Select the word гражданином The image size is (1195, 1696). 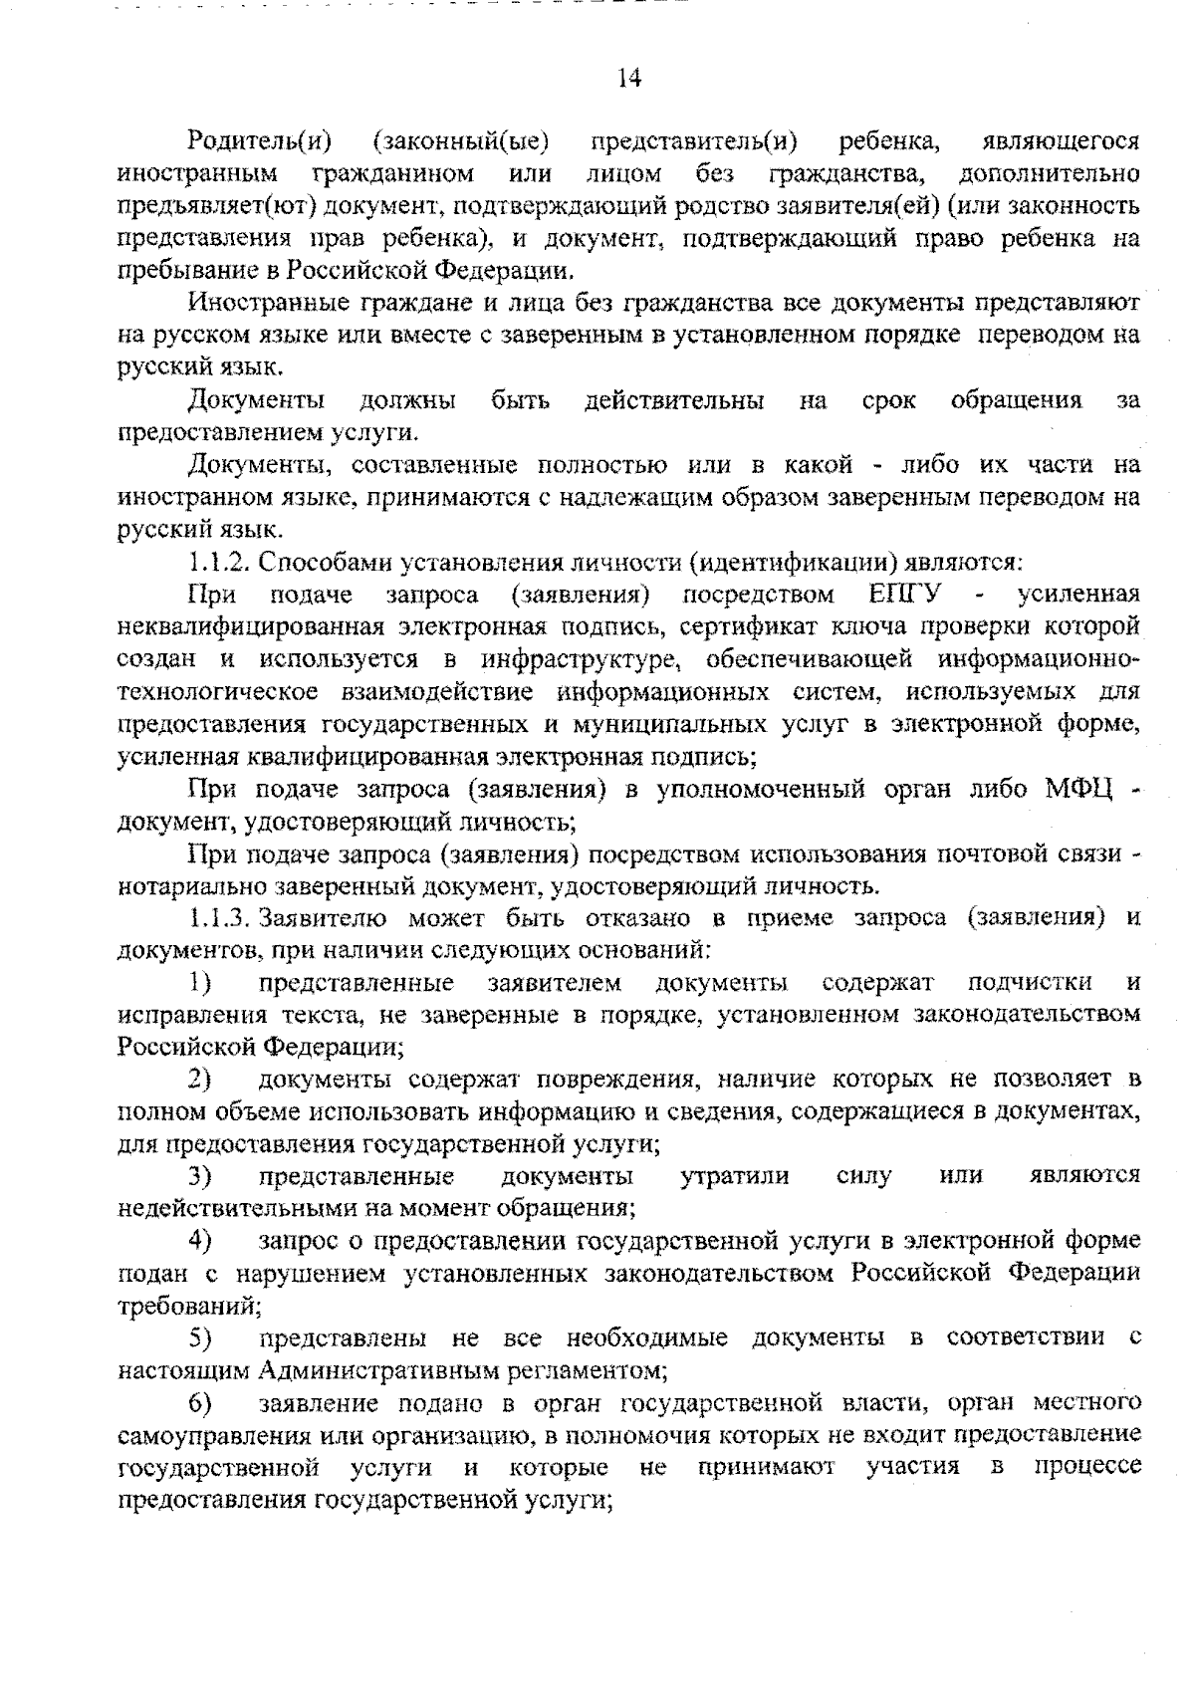392,174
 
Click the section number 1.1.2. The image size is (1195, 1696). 217,562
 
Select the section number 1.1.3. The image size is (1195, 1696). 217,918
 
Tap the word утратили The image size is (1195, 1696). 735,1176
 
